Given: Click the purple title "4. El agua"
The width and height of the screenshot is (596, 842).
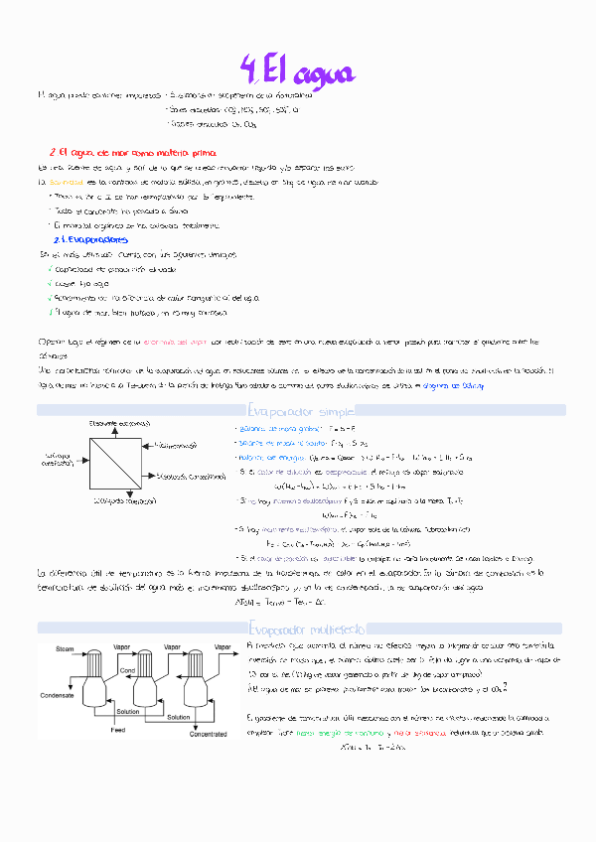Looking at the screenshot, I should click(x=298, y=71).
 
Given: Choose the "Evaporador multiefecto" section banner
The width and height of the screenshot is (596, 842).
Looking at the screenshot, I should click(x=298, y=628).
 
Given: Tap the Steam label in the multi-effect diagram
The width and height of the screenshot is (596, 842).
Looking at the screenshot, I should click(x=65, y=649).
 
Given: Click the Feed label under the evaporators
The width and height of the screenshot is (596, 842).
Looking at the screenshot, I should click(x=118, y=730).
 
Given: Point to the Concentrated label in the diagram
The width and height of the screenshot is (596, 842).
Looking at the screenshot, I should click(x=210, y=735).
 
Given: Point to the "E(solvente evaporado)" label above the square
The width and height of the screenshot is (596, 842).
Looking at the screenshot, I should click(x=119, y=423).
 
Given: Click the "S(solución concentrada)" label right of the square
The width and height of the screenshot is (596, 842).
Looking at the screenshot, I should click(x=202, y=477).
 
